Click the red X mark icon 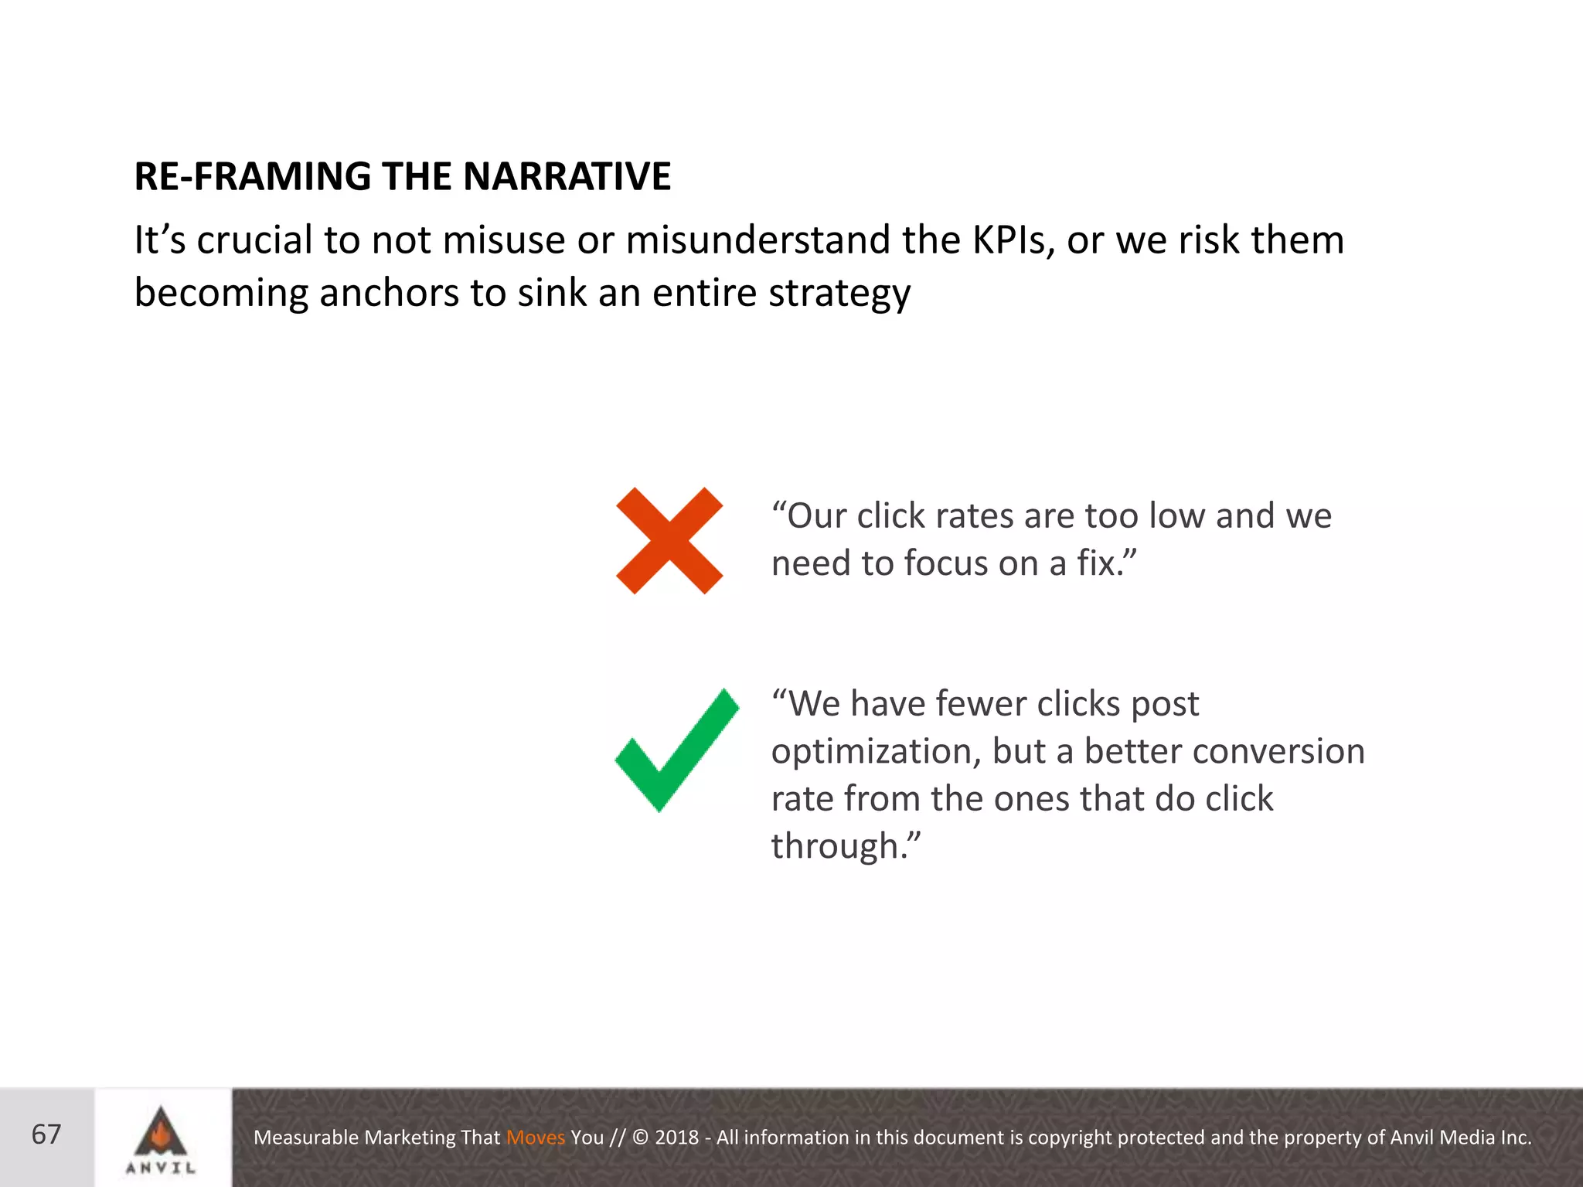click(x=669, y=541)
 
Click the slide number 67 click(x=46, y=1134)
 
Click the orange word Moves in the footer click(x=536, y=1138)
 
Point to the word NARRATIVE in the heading click(x=567, y=176)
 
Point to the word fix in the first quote click(x=1097, y=563)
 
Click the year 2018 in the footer click(x=676, y=1138)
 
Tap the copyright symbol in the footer click(x=640, y=1138)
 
